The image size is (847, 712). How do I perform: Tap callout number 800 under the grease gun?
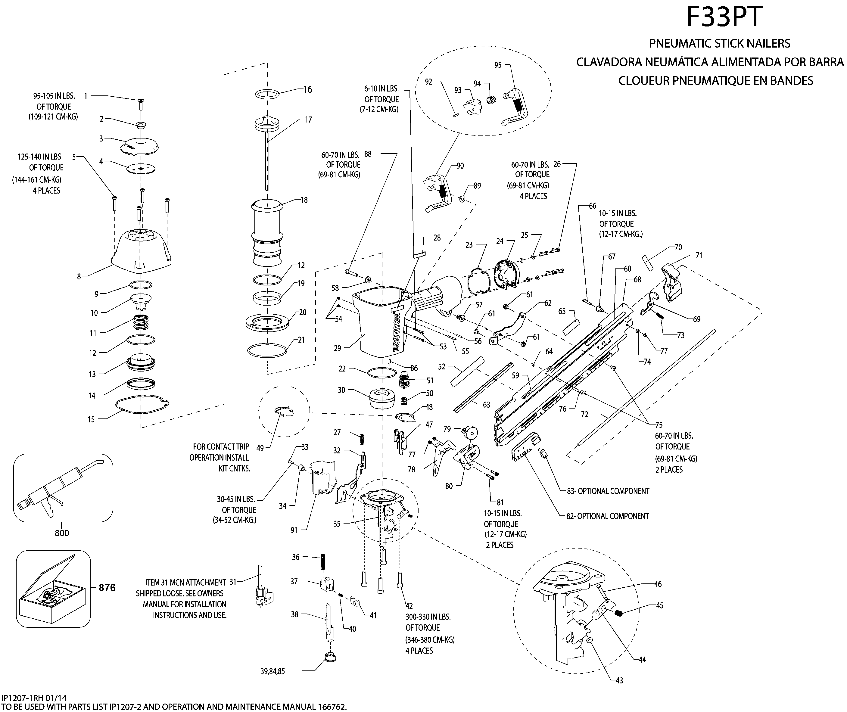[62, 533]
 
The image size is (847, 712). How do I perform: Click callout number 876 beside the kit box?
[107, 588]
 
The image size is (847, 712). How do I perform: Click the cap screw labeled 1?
[141, 104]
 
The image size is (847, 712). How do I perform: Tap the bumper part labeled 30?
[381, 398]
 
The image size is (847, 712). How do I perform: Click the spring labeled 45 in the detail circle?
[620, 614]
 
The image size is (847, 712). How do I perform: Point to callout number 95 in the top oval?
[498, 65]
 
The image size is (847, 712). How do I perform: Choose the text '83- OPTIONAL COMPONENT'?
[608, 491]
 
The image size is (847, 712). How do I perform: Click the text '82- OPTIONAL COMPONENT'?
[608, 516]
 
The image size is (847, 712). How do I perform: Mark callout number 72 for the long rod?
[584, 415]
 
